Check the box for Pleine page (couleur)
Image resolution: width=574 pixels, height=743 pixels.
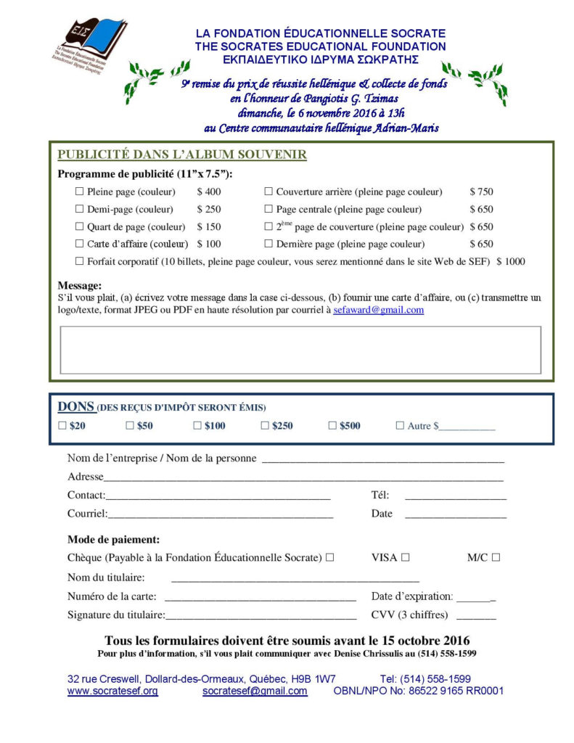tap(80, 192)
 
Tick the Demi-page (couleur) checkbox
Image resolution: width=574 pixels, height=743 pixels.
tap(80, 209)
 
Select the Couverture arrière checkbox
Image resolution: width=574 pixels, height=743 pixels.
tap(268, 192)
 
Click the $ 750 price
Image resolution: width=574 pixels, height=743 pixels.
tap(481, 192)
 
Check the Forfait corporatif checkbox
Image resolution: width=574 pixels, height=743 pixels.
tap(80, 261)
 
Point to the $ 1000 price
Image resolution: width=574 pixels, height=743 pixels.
tap(511, 261)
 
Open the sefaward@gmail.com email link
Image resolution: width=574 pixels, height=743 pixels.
tap(378, 310)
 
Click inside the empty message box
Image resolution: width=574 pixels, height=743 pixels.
tap(300, 350)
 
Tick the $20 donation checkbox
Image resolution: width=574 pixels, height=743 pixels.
tap(62, 426)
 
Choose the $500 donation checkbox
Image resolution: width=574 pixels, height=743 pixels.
tap(332, 426)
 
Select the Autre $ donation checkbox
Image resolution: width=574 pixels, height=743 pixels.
tap(400, 426)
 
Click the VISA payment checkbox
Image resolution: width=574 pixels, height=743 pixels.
tap(406, 557)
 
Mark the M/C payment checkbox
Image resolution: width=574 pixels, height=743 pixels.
tap(496, 557)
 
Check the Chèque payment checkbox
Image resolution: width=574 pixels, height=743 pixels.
tap(329, 557)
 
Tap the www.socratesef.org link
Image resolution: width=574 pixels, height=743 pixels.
tap(112, 691)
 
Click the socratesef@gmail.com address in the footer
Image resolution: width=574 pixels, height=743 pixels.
tap(255, 691)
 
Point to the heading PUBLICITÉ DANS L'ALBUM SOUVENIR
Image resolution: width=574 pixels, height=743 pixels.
tap(181, 155)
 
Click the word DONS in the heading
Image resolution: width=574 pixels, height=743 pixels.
tap(75, 407)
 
